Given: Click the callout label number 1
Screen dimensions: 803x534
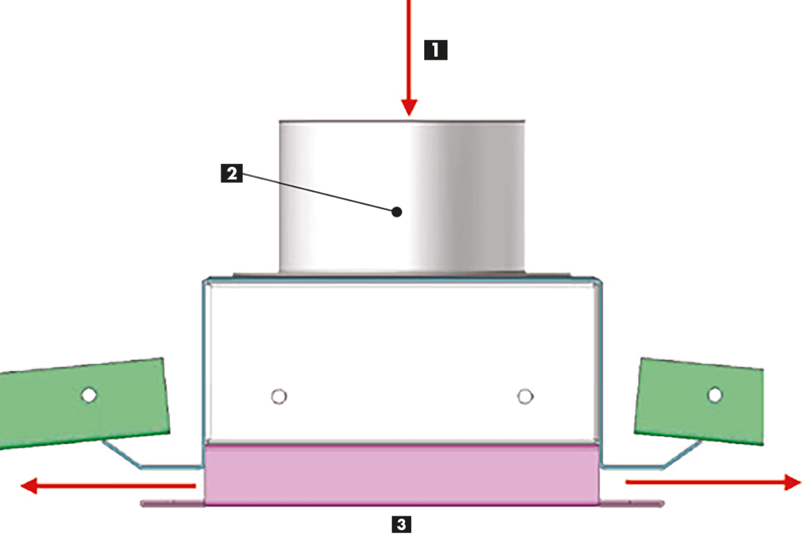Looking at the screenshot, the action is click(436, 50).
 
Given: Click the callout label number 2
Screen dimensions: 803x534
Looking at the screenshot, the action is click(232, 173).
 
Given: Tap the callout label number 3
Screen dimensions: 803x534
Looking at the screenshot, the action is click(401, 524).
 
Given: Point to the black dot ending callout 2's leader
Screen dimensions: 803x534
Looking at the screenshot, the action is click(397, 212).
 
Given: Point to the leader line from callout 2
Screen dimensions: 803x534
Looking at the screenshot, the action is click(320, 193).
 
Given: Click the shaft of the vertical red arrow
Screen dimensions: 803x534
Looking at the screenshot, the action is click(408, 49).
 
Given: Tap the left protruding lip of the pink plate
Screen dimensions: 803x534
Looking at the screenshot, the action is click(172, 503).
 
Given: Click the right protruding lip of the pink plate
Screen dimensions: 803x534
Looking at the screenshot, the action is click(632, 503).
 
